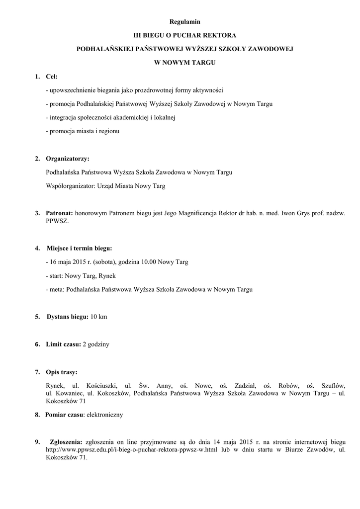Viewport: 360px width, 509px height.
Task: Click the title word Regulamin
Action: (184, 22)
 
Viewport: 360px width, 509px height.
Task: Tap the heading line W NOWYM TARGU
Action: (184, 63)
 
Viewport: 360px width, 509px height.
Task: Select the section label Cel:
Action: (52, 77)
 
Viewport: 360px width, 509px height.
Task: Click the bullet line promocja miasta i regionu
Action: (82, 131)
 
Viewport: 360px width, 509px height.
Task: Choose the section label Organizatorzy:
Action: (68, 159)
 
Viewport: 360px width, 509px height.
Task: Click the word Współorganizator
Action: (70, 186)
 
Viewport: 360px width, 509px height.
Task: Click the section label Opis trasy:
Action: (62, 371)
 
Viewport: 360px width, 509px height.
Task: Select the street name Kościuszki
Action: (101, 385)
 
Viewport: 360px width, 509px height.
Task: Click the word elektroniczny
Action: (104, 414)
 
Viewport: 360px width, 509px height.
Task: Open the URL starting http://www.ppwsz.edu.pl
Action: (132, 449)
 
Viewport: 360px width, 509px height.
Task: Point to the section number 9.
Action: (37, 441)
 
